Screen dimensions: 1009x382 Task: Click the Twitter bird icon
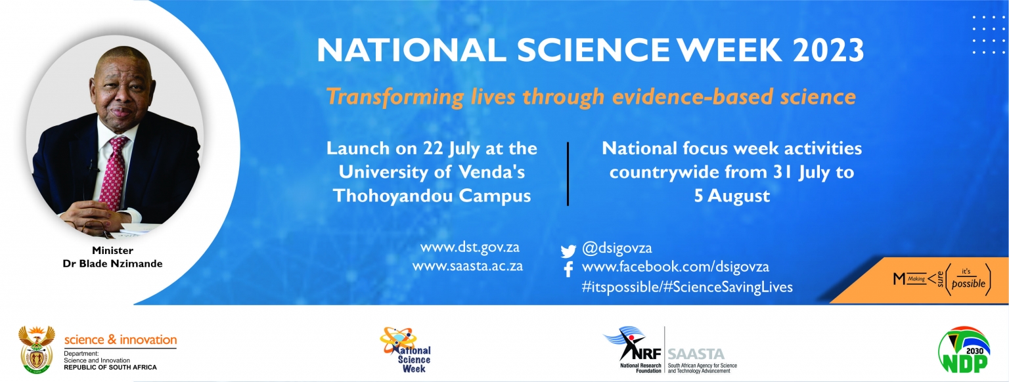568,251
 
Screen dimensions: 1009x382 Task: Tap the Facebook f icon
568,269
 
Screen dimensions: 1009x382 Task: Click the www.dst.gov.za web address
470,247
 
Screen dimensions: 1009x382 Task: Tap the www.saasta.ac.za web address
468,266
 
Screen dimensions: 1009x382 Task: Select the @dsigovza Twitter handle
617,248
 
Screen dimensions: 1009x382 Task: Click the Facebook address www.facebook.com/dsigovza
675,267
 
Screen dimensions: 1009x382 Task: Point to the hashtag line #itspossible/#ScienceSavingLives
687,287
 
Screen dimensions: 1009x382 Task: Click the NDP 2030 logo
964,350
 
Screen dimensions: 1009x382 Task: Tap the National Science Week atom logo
405,350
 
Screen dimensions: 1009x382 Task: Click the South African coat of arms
37,350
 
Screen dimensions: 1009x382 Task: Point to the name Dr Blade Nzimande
112,264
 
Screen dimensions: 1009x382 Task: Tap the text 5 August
732,196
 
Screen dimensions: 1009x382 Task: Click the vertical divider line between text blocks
568,174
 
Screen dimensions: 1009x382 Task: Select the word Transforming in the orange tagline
395,97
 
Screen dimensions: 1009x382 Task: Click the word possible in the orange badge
968,284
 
